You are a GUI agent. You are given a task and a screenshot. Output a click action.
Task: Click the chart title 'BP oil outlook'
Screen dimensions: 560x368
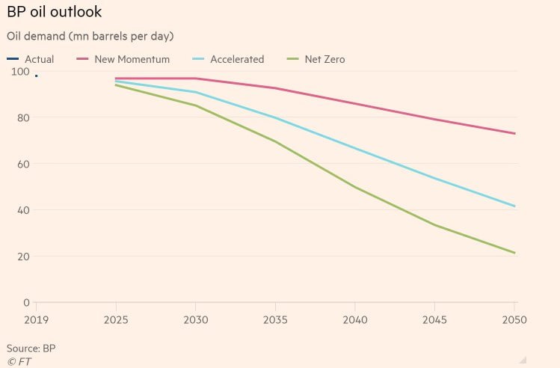55,12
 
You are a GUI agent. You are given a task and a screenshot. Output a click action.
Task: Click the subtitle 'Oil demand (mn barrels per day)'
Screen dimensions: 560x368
90,36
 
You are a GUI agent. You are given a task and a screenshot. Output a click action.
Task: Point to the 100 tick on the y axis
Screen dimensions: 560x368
20,72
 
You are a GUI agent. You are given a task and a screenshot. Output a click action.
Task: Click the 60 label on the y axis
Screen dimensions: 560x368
23,164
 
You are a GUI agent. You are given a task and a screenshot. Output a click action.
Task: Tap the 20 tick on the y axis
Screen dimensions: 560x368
23,257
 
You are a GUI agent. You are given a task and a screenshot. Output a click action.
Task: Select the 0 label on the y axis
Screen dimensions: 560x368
26,303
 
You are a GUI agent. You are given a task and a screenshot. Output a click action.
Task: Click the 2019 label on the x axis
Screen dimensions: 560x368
36,319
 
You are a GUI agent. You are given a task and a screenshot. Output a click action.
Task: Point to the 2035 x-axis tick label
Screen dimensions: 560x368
275,319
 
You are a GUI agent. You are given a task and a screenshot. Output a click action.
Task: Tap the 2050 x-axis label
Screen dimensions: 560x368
514,319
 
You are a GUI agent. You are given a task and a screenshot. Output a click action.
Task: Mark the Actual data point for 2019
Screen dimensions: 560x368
37,76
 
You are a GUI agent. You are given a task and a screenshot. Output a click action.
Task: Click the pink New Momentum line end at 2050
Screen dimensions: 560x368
514,134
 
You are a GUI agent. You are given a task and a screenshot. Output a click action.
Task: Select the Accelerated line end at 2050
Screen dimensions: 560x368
514,206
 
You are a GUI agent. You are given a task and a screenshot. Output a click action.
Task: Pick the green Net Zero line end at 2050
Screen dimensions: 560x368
514,253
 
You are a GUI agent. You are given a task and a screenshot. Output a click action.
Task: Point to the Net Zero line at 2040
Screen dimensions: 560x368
355,187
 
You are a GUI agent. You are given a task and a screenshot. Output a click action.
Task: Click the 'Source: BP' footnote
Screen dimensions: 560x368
31,349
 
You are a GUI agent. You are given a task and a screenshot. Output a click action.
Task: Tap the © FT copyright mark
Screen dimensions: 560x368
19,362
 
